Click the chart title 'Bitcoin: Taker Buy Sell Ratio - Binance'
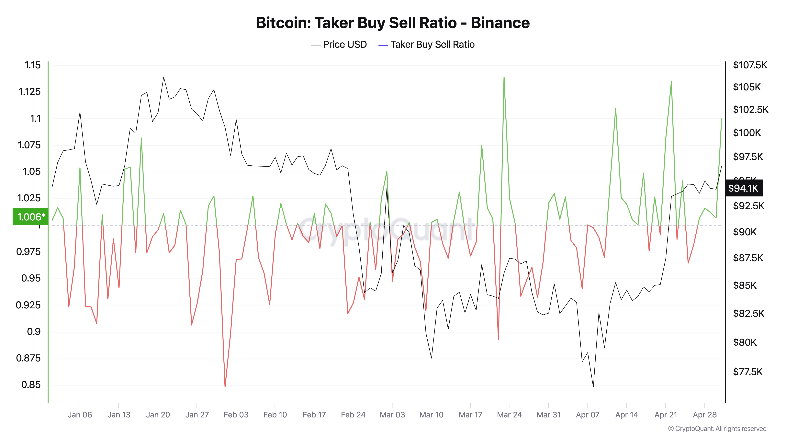393,23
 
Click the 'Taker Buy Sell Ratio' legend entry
432,45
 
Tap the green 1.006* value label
30,217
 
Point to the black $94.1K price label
743,188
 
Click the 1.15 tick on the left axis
32,65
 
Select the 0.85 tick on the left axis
31,385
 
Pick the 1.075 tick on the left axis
29,145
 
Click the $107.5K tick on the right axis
750,65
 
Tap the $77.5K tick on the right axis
747,372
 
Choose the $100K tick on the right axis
747,133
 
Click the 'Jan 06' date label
80,415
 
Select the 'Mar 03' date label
392,415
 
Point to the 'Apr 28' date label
704,415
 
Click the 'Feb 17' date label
314,415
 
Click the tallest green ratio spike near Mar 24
504,77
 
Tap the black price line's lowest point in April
593,387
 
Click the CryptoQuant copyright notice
717,429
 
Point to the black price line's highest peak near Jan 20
163,77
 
